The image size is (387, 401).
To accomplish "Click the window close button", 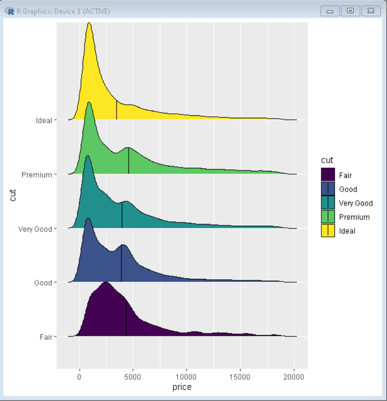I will pos(371,11).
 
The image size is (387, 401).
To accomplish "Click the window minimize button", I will pos(330,11).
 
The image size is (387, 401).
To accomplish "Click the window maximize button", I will pos(350,11).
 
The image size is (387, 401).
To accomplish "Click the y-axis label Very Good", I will pos(35,229).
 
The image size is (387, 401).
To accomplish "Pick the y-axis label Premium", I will pos(37,175).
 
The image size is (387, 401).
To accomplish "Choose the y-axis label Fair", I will pos(45,336).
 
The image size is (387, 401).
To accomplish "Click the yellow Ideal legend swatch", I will pos(328,231).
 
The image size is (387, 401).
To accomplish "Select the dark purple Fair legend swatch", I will pos(328,175).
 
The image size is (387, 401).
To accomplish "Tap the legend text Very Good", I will pos(356,203).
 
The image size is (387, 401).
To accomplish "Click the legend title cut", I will pos(327,160).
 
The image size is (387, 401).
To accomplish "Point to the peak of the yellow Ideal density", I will pos(89,24).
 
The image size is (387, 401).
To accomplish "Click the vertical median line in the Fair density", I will pos(126,318).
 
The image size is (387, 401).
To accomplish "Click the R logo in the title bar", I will pos(9,11).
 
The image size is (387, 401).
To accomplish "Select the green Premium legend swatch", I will pos(328,217).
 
